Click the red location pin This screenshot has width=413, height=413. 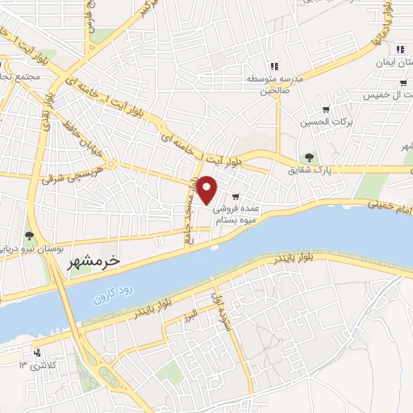(x=207, y=190)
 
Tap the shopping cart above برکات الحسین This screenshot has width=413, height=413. (x=326, y=110)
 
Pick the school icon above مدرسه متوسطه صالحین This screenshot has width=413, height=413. (x=274, y=66)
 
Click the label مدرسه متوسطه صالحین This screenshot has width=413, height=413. (x=273, y=85)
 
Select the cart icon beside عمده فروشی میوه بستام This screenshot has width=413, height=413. (x=236, y=195)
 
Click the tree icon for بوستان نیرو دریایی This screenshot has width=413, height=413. (x=29, y=236)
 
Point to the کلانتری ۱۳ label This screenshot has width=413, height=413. (x=36, y=365)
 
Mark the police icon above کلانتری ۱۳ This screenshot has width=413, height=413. (x=37, y=352)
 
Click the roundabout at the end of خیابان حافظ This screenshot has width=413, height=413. (x=111, y=164)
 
